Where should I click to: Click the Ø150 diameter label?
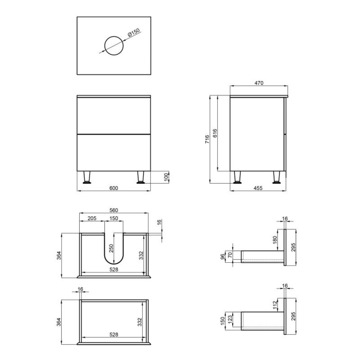tap(134, 32)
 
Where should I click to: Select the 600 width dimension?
tap(114, 188)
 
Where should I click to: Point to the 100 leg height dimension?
tap(166, 177)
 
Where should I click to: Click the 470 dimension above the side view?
tap(259, 83)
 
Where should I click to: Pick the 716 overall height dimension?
tap(207, 139)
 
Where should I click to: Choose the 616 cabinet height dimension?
tap(215, 133)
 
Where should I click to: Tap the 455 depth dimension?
tap(258, 188)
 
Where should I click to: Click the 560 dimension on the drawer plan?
tap(114, 210)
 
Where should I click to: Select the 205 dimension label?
tap(92, 218)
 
